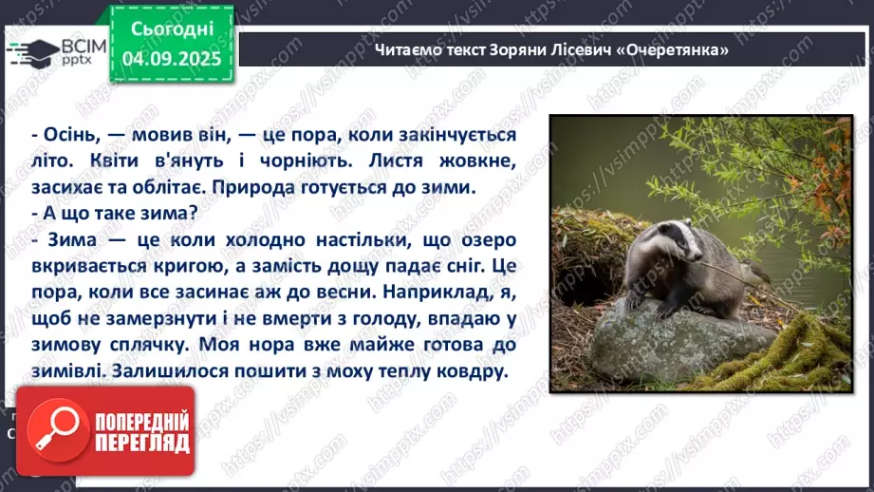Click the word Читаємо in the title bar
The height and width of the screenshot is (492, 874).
click(410, 49)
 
